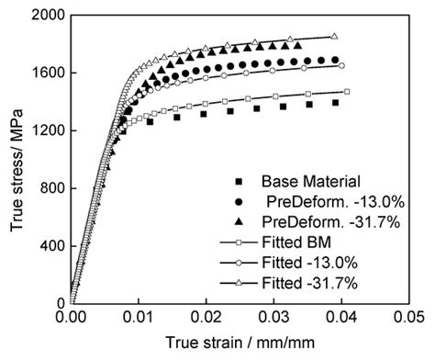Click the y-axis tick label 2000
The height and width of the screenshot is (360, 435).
click(46, 16)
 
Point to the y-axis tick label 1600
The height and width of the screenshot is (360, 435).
click(46, 73)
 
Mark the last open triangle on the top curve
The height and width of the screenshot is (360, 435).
click(334, 37)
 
